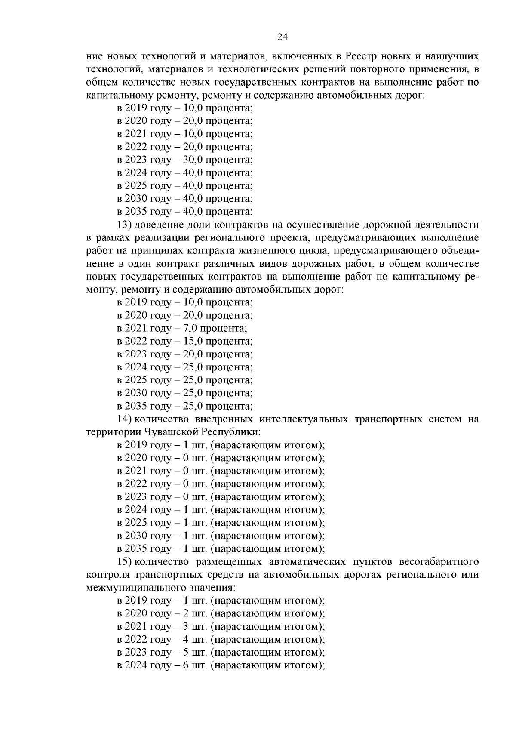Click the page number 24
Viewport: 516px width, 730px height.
[x=282, y=37]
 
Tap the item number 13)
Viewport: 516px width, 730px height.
[x=126, y=225]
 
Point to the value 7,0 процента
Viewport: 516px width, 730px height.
[x=215, y=329]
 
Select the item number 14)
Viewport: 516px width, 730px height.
[x=126, y=419]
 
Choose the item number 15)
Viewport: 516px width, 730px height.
[x=126, y=562]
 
